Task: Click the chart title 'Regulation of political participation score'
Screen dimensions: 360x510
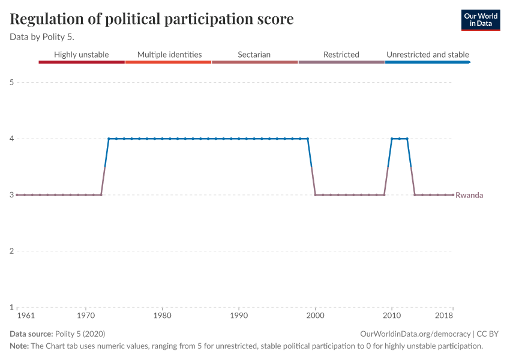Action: click(152, 19)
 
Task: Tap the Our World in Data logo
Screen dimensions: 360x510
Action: click(480, 20)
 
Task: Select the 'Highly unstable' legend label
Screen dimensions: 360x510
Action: click(82, 55)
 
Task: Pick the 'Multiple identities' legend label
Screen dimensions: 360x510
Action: click(169, 55)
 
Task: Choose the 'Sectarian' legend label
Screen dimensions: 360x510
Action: click(254, 55)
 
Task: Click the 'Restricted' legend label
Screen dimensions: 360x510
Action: click(341, 55)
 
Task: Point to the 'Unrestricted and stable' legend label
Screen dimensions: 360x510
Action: click(427, 55)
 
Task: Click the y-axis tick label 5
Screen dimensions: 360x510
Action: click(11, 82)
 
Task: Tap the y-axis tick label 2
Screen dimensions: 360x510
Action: click(11, 251)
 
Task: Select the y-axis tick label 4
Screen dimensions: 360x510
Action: click(11, 139)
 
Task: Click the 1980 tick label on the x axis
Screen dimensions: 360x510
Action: click(162, 315)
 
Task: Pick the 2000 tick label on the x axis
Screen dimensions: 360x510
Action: click(315, 315)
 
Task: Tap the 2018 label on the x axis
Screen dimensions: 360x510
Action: click(445, 315)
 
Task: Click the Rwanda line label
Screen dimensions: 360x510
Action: click(469, 195)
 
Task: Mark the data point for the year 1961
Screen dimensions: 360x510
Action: click(17, 195)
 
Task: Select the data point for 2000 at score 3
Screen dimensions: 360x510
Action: click(315, 195)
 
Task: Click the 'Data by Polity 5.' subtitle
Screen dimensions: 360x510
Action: click(42, 37)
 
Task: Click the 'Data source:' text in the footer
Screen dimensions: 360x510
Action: click(31, 334)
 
